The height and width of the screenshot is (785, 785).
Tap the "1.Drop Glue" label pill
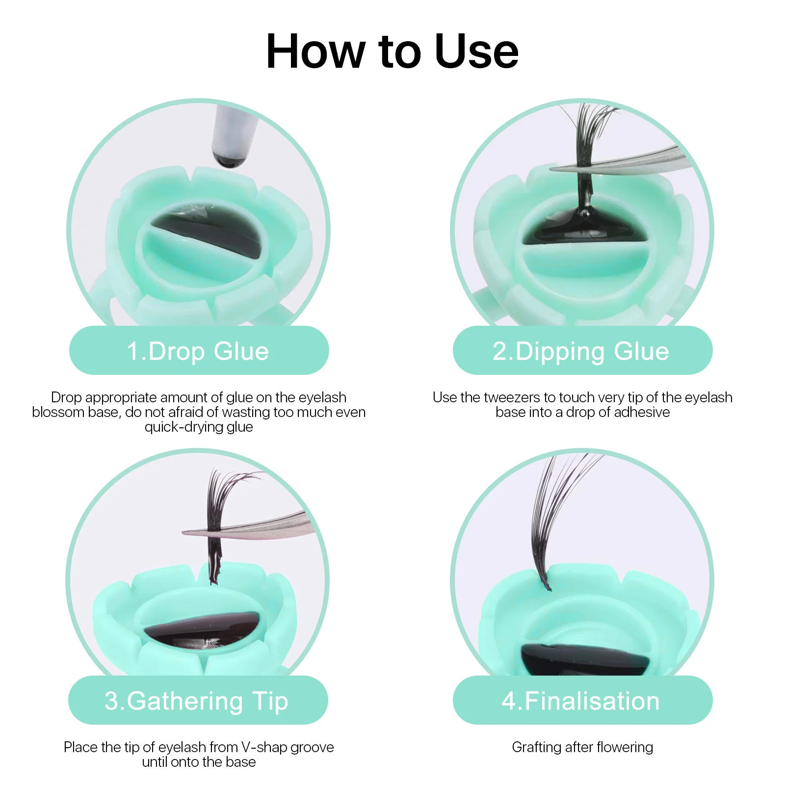pos(199,351)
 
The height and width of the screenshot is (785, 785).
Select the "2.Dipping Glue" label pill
pos(582,351)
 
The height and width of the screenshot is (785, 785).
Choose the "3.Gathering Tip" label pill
pos(198,701)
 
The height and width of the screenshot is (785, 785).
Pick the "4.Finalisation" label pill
pos(582,701)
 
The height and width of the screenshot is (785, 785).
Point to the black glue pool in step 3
pos(201,633)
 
